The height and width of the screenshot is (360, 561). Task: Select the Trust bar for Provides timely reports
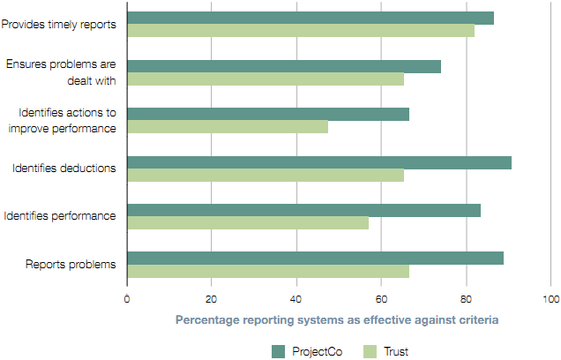click(301, 31)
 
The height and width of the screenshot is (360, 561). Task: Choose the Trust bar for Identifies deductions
click(266, 175)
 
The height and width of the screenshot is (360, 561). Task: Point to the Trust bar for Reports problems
click(268, 271)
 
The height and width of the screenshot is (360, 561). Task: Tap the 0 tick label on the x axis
click(128, 298)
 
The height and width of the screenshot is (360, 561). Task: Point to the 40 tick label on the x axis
click(296, 298)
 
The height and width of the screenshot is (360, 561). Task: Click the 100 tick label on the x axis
click(550, 298)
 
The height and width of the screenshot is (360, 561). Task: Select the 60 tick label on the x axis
click(381, 298)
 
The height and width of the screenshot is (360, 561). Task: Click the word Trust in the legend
click(396, 351)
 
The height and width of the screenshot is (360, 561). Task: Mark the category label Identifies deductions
click(64, 169)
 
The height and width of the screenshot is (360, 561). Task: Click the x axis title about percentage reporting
click(338, 320)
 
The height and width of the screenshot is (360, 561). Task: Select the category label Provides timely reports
click(59, 25)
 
